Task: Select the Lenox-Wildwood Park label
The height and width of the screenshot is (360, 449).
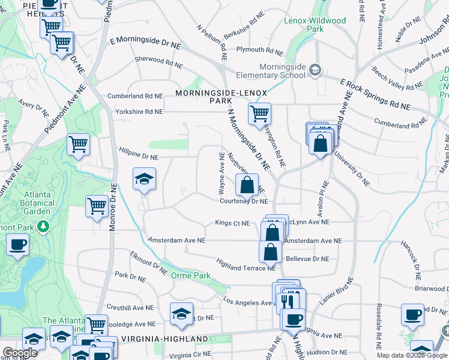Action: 315,25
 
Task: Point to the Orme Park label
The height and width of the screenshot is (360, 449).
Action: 190,275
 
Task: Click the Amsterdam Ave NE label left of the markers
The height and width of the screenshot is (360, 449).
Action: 176,240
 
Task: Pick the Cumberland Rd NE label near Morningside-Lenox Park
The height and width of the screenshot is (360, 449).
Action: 135,96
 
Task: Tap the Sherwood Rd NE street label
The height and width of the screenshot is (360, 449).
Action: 158,60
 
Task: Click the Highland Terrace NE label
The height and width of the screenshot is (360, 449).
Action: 245,267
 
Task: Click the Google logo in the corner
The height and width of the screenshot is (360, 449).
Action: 20,353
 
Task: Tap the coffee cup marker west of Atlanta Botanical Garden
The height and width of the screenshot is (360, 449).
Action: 17,244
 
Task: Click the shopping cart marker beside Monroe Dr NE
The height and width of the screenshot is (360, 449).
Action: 97,206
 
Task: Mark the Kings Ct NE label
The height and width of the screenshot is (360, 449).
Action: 232,224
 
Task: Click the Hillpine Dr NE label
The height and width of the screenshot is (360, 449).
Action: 138,157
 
